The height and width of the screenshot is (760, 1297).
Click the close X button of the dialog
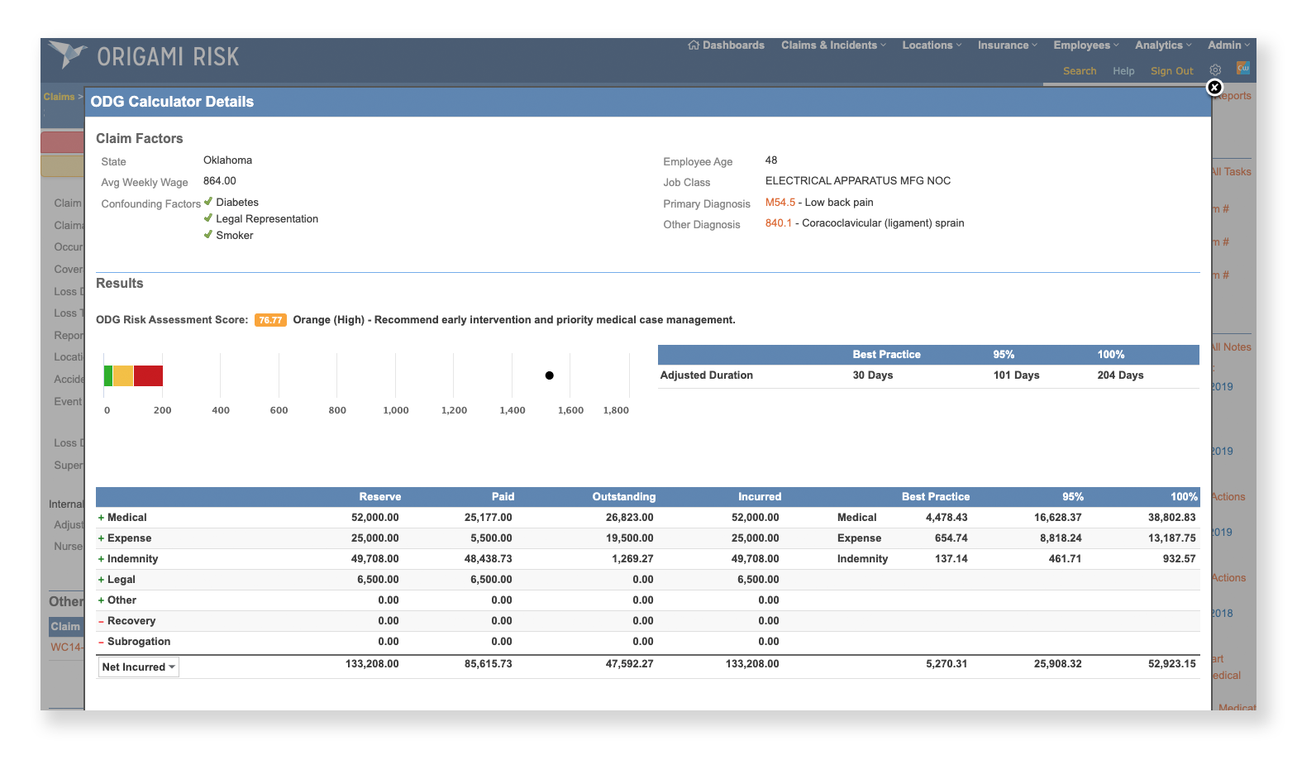pos(1214,88)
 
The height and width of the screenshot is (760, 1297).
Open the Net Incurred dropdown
pos(139,667)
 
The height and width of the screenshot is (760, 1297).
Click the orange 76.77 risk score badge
pos(270,320)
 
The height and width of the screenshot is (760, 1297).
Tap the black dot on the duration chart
pos(549,375)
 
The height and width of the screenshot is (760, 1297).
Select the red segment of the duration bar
pos(148,376)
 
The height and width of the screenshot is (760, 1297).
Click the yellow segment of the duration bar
pos(123,376)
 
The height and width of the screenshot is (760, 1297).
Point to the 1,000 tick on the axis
pos(396,410)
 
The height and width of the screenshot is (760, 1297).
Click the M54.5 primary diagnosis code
pos(780,203)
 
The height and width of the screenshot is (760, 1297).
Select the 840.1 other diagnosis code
pos(778,223)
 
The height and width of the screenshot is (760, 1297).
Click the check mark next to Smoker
pos(208,235)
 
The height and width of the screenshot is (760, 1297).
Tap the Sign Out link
pos(1171,71)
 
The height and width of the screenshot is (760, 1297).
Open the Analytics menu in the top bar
pos(1162,45)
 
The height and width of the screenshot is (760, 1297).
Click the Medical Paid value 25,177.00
pos(488,518)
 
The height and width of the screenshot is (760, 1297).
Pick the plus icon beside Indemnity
pos(101,559)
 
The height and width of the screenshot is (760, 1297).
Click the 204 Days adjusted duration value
pos(1120,375)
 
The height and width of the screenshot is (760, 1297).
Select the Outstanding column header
pos(623,497)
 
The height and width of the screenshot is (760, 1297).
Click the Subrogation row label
pos(138,642)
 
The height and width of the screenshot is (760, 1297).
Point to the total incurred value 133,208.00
pos(751,664)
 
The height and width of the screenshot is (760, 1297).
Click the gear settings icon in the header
pos(1215,70)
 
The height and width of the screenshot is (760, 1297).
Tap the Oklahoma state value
pos(227,160)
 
